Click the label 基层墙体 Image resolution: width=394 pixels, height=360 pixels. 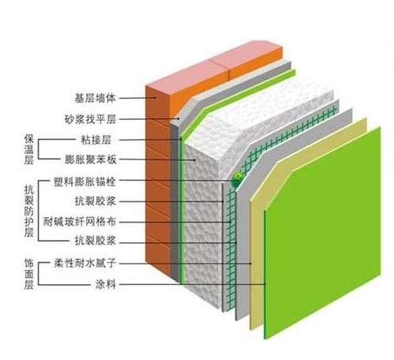click(95, 99)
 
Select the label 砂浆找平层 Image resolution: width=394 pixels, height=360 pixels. click(90, 119)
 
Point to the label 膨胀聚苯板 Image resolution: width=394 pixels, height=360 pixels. click(90, 159)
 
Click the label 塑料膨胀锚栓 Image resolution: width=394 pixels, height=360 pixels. click(84, 182)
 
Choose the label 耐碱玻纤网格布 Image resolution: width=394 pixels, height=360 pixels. click(80, 222)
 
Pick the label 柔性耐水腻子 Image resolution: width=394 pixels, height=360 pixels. click(84, 263)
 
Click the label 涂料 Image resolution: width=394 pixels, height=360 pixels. click(106, 284)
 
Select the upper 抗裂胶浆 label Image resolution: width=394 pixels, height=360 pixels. click(95, 201)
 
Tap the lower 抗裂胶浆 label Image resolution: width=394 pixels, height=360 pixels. click(95, 241)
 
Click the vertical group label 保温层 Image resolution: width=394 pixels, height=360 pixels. click(28, 149)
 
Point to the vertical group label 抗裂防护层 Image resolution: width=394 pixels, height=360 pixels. click(28, 211)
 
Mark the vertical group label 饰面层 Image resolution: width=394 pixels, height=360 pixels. click(28, 274)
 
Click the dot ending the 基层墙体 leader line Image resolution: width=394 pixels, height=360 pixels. click(156, 98)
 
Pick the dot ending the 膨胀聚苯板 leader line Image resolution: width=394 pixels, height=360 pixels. click(195, 159)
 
